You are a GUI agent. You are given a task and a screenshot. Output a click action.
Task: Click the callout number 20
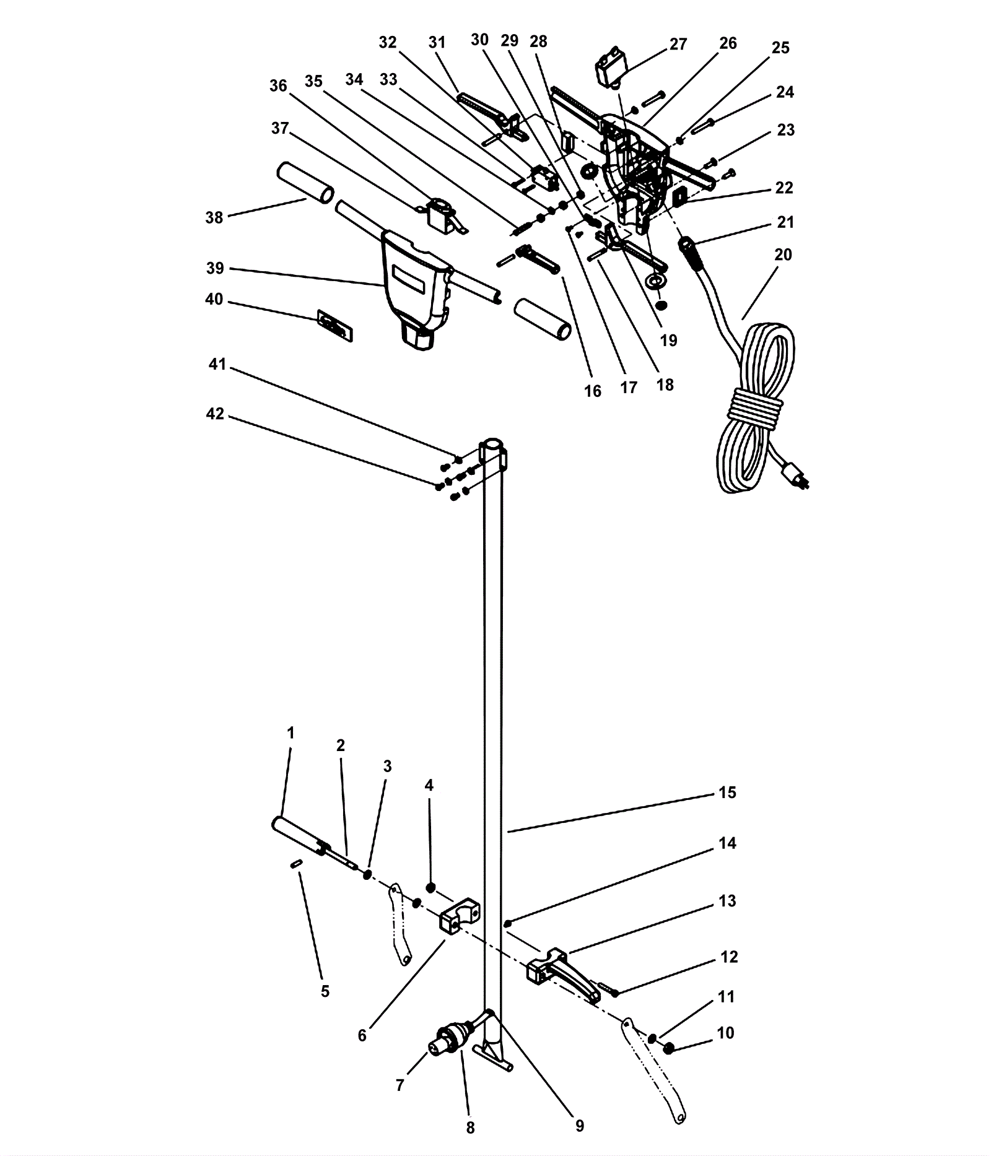click(x=783, y=254)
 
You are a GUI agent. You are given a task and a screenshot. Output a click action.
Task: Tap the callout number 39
click(x=215, y=268)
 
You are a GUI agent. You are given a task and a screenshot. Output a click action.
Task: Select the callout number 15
click(x=727, y=793)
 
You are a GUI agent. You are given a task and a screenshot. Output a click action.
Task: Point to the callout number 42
click(x=215, y=414)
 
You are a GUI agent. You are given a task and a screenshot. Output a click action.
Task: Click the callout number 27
click(x=678, y=44)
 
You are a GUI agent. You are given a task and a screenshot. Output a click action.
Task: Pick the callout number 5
click(x=325, y=991)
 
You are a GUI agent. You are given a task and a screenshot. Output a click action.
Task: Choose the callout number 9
click(x=580, y=1125)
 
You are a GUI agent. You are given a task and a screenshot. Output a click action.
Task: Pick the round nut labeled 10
click(x=668, y=1049)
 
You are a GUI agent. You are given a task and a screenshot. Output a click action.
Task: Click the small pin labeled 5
click(x=296, y=864)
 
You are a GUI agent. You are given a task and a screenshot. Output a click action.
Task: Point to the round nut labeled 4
click(x=431, y=888)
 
